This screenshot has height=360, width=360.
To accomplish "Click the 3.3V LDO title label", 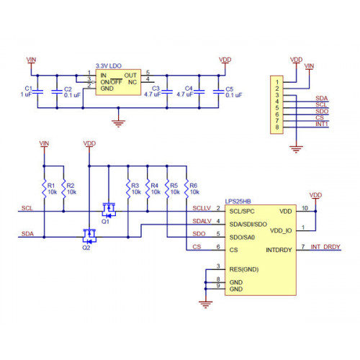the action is coord(109,66).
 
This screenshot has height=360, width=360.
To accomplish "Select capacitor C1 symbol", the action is coord(37,91).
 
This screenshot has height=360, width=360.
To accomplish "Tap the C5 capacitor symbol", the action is coord(218,91).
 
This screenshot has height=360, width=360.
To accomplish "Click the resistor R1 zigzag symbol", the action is coord(44,189).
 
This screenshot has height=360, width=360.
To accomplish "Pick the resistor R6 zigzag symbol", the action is coord(186,189).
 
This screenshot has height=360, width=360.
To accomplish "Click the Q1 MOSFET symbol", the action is coord(109,210).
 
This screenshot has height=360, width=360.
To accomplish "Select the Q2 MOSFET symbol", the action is coord(89,235).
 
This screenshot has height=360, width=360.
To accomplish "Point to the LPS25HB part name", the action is coord(238,202).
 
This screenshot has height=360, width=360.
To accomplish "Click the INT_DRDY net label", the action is coord(325,247).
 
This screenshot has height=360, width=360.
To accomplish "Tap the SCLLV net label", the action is coord(202,208).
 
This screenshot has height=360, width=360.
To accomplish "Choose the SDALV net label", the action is coord(202,221).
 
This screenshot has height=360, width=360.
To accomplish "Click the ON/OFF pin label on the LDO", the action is coord(112,82).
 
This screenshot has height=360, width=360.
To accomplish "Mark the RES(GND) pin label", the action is coord(244,269).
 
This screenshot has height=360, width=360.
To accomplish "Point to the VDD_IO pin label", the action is coord(281,231).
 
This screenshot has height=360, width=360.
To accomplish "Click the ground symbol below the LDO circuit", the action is coord(118,123).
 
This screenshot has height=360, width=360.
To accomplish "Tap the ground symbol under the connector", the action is coord(296,149).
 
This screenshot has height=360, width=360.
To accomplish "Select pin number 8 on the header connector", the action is coord(277,127).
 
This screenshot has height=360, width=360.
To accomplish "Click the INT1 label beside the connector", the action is coord(322,124).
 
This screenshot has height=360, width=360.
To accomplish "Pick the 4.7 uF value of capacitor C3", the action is coord(152,94).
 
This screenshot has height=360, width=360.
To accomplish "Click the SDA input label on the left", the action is coord(27,234).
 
